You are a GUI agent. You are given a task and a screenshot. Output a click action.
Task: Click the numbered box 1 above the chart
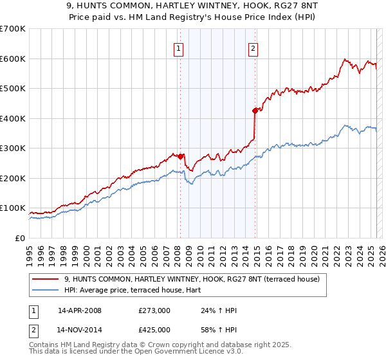pos(178,48)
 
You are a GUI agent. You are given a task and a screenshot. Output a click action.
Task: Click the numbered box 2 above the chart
pos(253,48)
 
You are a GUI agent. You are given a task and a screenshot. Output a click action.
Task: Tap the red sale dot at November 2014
pos(255,111)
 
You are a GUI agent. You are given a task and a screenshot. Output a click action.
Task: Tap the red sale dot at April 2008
pos(180,156)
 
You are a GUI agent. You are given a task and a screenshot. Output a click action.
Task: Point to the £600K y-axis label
pos(14,59)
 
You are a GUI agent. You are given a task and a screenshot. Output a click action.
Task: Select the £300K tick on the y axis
pos(14,148)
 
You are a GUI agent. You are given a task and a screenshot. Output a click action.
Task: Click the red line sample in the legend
pos(46,279)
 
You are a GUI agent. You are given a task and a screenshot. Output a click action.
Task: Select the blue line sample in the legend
pos(46,290)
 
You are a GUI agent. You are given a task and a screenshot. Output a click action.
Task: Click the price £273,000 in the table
pos(154,310)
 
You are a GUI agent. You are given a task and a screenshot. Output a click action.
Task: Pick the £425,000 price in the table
pos(154,330)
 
